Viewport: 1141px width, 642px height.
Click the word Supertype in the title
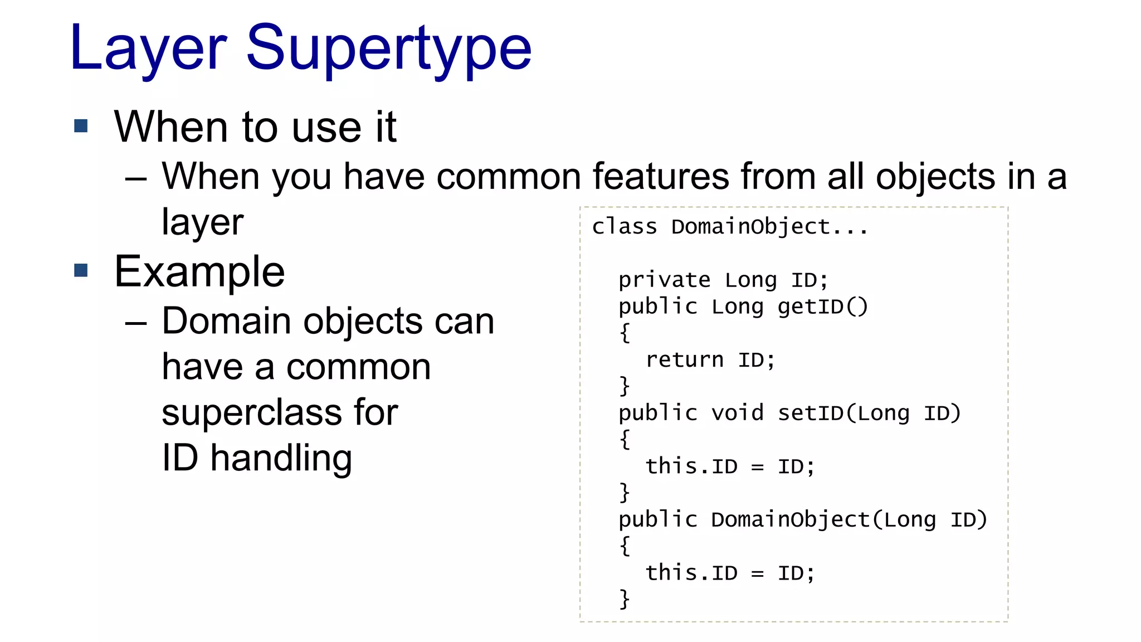click(388, 49)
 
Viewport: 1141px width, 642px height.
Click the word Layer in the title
click(148, 49)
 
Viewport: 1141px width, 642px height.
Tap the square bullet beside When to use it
click(81, 126)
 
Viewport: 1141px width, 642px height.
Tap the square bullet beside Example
click(81, 270)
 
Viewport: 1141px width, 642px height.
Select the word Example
click(199, 272)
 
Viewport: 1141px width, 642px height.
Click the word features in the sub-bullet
click(660, 177)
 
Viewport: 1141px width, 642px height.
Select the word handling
click(281, 458)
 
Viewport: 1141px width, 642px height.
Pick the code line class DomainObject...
click(730, 227)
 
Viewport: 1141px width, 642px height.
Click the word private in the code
click(664, 280)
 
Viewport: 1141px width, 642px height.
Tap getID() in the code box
click(822, 307)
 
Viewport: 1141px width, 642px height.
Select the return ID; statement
click(710, 360)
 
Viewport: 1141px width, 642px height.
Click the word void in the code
click(737, 413)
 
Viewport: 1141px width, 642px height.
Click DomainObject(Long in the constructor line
click(823, 519)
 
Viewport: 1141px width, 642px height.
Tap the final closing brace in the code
click(625, 599)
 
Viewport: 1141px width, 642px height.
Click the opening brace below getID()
click(625, 333)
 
